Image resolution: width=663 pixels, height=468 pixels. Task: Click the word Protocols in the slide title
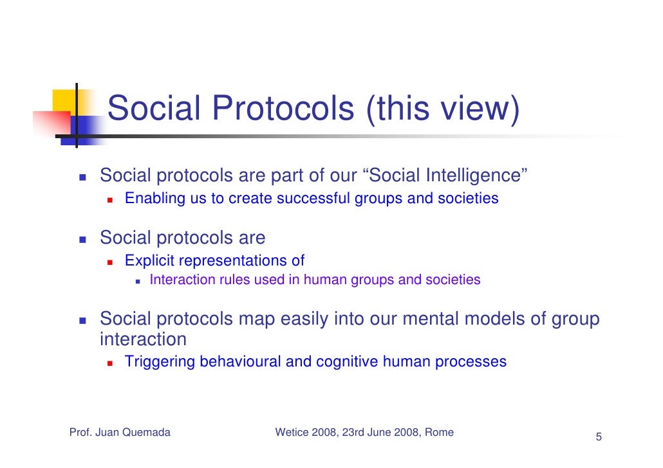[x=283, y=109]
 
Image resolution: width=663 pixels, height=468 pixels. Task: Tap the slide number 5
[x=598, y=438]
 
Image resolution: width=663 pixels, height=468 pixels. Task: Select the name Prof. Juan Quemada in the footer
[x=120, y=433]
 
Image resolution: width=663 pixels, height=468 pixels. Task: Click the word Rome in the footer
[x=439, y=433]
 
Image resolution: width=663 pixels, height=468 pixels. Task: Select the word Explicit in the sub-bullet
[x=149, y=261]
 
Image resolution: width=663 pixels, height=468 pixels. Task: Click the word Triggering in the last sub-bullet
[x=160, y=362]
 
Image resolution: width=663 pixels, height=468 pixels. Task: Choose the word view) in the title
[x=483, y=109]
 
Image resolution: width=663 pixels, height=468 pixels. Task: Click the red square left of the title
[x=51, y=122]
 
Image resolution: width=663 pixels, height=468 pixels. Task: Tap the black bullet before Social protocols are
[x=83, y=239]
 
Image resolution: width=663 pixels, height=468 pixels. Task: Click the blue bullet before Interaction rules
[x=138, y=281]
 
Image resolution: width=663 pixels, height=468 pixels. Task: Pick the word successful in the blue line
[x=313, y=199]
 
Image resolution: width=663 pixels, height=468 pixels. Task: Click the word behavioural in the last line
[x=241, y=362]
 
